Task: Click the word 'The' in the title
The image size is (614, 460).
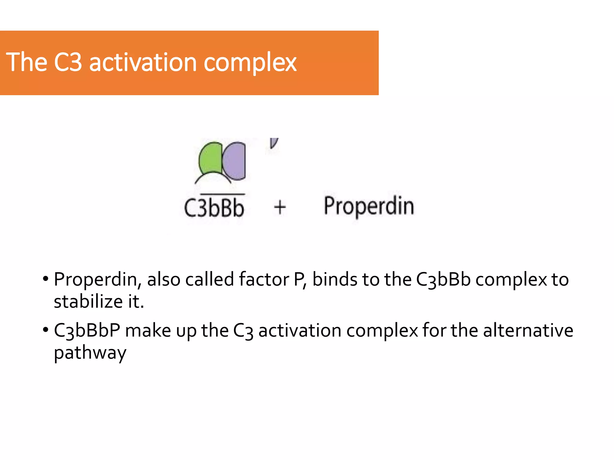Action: point(27,62)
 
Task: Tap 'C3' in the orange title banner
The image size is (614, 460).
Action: point(68,62)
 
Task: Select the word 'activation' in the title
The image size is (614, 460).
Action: point(143,63)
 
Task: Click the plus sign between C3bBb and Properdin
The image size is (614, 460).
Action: point(280,207)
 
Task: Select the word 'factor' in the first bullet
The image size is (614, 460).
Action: point(264,279)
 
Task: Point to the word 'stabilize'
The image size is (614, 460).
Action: point(88,301)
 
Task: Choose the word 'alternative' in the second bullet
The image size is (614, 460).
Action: point(528,330)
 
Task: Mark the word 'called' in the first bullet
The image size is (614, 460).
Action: point(210,279)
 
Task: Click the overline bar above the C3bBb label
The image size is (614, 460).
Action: point(222,194)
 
